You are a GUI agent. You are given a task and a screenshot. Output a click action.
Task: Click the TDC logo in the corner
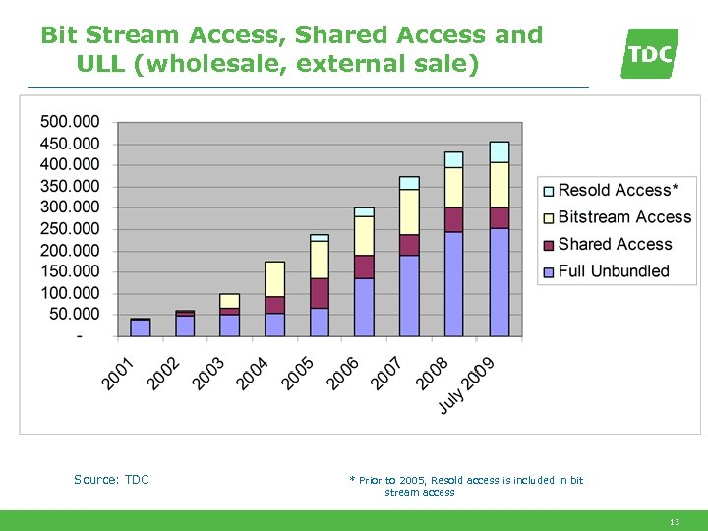(650, 53)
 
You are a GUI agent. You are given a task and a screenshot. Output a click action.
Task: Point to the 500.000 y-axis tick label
(70, 122)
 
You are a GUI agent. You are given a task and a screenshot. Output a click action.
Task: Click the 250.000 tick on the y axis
(70, 229)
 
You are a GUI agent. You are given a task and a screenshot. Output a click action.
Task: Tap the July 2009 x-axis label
(467, 384)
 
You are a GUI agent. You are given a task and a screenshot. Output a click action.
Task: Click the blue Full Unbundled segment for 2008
(453, 284)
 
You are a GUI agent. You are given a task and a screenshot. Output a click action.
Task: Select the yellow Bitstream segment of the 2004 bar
(274, 279)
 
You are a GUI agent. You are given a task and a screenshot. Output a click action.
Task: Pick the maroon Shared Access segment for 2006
(364, 266)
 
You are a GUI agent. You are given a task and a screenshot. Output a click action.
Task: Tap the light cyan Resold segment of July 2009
(500, 151)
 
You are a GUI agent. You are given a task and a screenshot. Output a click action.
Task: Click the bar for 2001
(141, 327)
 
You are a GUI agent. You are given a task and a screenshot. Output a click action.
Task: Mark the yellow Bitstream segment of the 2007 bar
(409, 212)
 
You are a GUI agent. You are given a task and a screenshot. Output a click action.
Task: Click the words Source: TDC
(111, 480)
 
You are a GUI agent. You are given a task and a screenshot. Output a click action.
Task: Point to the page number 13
(674, 522)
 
